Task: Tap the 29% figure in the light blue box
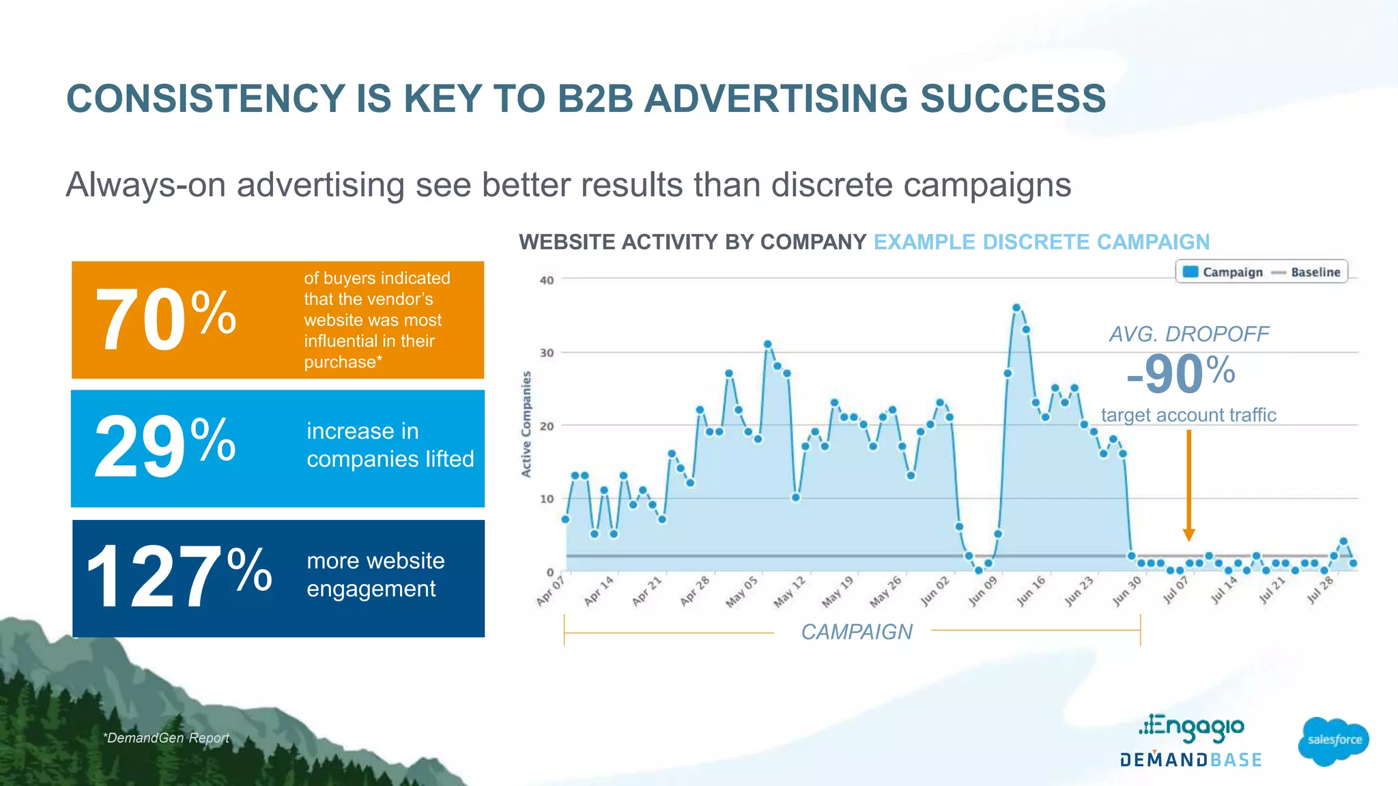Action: (x=165, y=448)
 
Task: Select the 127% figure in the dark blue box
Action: (x=179, y=577)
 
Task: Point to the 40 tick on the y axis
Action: (x=547, y=280)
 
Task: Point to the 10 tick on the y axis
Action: (x=547, y=499)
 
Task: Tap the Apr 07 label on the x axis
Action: (x=551, y=591)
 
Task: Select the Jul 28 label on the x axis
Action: (x=1321, y=591)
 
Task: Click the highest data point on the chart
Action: (x=1016, y=308)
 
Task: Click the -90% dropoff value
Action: (x=1181, y=374)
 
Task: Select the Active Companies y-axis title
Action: (x=526, y=424)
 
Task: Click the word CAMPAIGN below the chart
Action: (x=856, y=632)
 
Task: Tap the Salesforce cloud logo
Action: (x=1334, y=740)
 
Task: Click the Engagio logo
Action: (x=1192, y=727)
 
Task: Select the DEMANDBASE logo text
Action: (x=1190, y=760)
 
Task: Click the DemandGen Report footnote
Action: (x=166, y=738)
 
